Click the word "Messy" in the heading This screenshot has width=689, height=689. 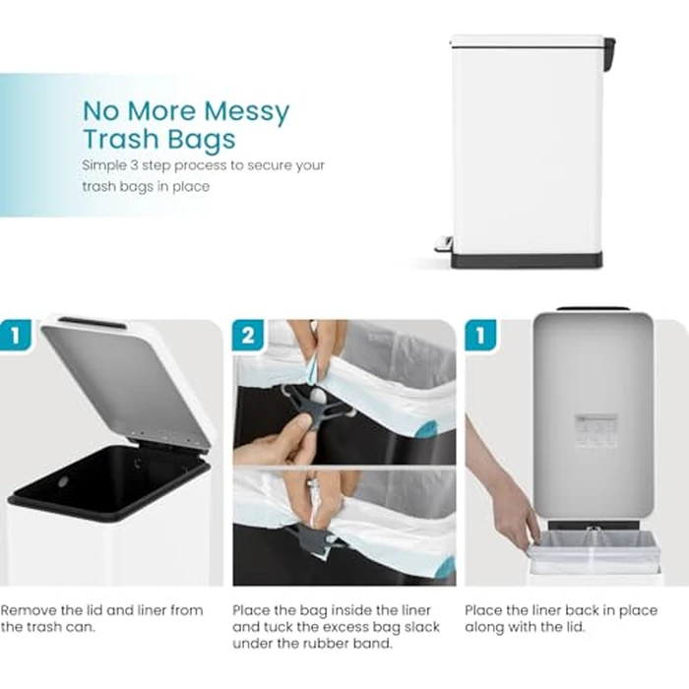point(246,112)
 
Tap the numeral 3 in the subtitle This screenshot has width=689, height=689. point(134,165)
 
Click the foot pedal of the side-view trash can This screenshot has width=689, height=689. point(443,244)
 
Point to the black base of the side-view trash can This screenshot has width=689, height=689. point(527,260)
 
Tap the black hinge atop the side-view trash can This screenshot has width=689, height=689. point(609,54)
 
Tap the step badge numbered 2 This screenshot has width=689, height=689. point(248,336)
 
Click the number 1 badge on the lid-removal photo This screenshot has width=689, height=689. point(16,336)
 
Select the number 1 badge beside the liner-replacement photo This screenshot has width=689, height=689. point(480,336)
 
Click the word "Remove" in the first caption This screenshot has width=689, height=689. point(29,610)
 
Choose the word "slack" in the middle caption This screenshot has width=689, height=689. point(422,627)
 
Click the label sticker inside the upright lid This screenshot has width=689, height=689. point(595,431)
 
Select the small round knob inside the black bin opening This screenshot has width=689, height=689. point(63,482)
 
